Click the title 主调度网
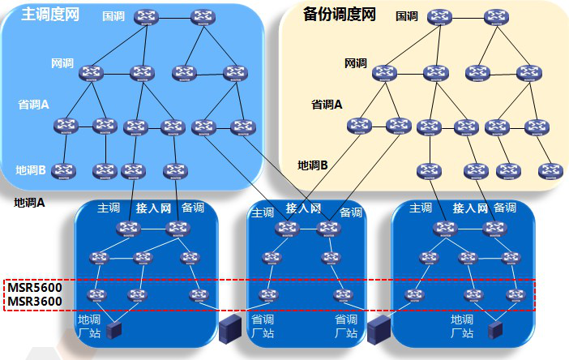point(49,15)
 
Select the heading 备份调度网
point(339,15)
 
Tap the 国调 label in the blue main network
point(113,15)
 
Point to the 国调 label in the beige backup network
point(406,15)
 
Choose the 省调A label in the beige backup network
point(327,105)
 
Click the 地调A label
point(29,203)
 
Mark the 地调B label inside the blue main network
point(31,170)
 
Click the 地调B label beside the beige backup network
point(312,165)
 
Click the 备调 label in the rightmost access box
point(504,208)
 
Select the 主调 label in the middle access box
point(263,212)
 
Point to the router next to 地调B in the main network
point(62,170)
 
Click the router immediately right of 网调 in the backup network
point(384,72)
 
